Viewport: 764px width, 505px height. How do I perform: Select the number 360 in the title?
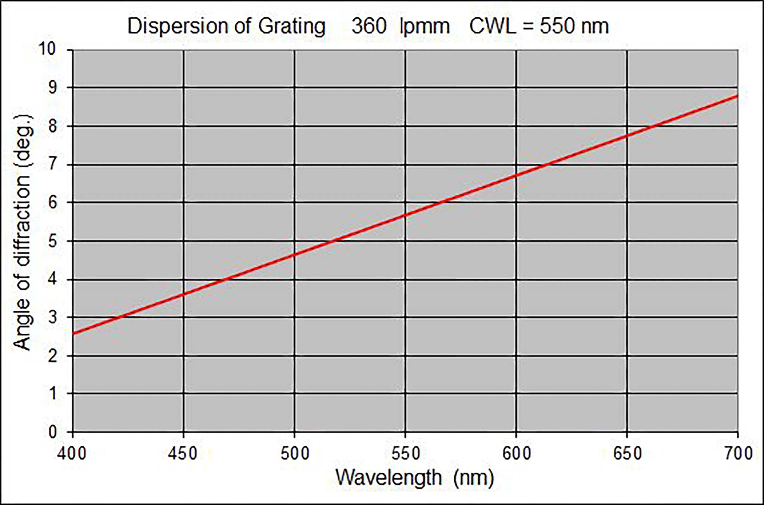tap(369, 26)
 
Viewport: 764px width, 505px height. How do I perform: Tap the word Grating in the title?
tap(292, 27)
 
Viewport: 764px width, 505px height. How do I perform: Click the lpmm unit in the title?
tap(424, 27)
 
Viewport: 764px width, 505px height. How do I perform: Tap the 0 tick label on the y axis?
tap(53, 431)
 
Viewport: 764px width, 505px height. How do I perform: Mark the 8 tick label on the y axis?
tap(53, 126)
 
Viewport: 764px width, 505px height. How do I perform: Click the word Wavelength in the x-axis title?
tap(389, 478)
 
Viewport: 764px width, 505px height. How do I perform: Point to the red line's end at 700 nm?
tap(737, 96)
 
